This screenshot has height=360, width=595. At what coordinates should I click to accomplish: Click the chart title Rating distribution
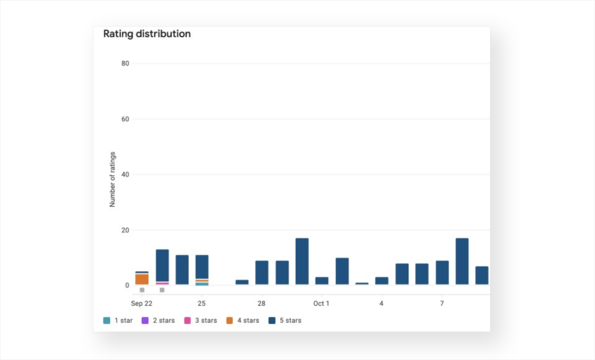pos(147,34)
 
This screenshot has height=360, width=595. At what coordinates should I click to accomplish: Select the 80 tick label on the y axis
pos(126,63)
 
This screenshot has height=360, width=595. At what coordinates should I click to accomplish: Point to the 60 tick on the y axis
pos(126,119)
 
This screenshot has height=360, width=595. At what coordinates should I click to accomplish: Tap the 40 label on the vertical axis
pos(126,175)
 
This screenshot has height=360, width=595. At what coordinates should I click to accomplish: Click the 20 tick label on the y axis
pos(126,231)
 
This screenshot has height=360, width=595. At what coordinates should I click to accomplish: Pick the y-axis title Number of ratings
pos(112,179)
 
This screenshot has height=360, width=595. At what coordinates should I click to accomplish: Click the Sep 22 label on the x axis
pos(142,304)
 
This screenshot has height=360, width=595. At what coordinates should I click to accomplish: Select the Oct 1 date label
pos(321,304)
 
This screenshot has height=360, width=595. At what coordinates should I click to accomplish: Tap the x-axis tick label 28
pos(261,304)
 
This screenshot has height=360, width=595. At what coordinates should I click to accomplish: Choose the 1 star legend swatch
pos(107,321)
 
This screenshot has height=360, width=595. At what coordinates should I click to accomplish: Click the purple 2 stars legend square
pos(145,321)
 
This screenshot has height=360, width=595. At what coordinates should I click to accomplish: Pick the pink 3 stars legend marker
pos(188,321)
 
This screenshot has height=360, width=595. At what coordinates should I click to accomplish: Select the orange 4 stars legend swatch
pos(230,321)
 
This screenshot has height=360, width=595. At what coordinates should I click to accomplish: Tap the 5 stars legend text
pos(291,321)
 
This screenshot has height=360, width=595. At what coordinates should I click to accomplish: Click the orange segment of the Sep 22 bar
pos(142,279)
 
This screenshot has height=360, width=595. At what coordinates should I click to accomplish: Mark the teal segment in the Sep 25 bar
pos(202,284)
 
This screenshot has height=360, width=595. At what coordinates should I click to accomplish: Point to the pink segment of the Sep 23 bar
pos(163,283)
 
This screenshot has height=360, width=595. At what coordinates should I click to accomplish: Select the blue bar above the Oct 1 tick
pos(322,280)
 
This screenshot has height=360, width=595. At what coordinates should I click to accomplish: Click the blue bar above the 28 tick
pos(262,273)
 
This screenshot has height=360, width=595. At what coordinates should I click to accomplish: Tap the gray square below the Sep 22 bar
pos(142,290)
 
